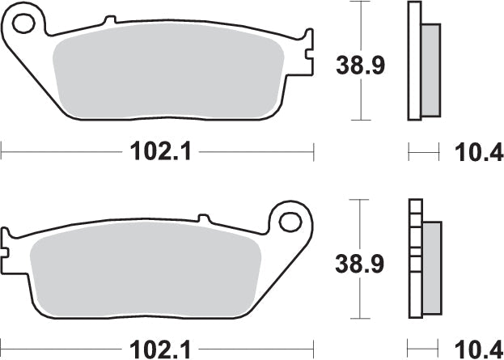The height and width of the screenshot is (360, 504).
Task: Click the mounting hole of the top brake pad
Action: pos(25,23)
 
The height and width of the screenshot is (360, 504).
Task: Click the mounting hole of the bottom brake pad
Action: pos(289,220)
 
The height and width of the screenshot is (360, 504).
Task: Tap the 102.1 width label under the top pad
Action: pos(159,151)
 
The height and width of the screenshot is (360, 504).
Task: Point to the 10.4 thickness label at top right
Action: pos(478,151)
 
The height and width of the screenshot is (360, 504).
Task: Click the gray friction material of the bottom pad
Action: pos(146,275)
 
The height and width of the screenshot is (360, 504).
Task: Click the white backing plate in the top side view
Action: pos(415,61)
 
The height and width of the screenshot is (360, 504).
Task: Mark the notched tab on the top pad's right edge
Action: pos(307,49)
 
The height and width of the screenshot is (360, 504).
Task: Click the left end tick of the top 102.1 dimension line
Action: pos(2,150)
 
